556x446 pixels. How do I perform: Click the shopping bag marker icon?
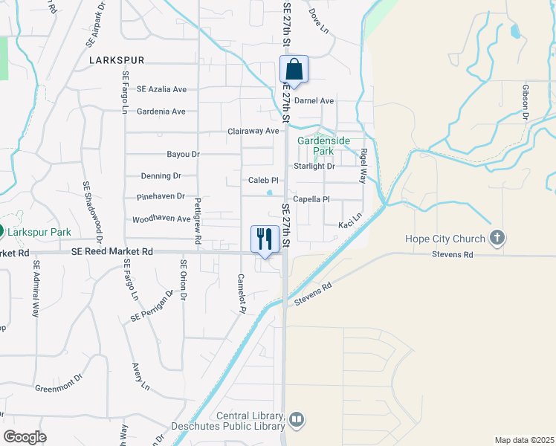(294, 69)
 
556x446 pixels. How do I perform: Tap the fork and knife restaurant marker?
(265, 239)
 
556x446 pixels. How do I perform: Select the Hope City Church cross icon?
(498, 239)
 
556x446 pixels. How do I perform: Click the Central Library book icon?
(297, 421)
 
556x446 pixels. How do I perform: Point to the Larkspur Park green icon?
(1, 231)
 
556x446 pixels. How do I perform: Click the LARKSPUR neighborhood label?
(117, 59)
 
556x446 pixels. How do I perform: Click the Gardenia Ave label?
(161, 111)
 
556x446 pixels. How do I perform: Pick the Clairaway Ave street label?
(253, 132)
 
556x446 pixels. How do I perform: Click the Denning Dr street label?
(161, 176)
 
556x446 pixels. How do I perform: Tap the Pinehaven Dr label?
(160, 197)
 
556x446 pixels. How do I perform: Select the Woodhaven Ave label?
(161, 220)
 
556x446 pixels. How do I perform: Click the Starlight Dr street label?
(314, 167)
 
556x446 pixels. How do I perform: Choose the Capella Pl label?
(311, 199)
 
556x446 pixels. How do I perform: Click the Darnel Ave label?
(314, 101)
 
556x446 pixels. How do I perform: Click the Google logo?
(25, 437)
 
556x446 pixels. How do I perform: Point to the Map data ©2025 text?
(524, 440)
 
